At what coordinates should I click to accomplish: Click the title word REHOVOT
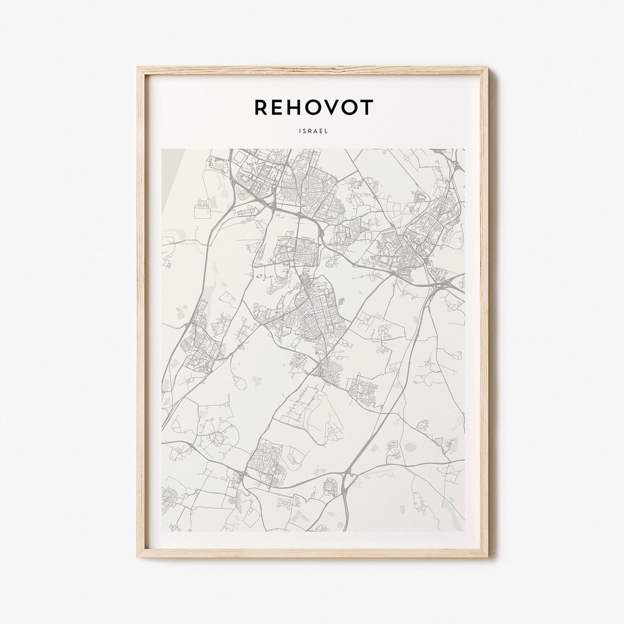point(314,107)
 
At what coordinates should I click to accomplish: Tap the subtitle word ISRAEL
point(314,131)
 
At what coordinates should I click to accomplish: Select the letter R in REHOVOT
point(261,107)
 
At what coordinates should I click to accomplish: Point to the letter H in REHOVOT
point(298,107)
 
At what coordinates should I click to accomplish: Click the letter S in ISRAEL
point(305,131)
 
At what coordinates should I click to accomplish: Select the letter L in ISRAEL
point(326,131)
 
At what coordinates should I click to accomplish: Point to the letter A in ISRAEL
point(315,131)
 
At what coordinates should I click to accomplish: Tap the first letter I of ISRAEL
point(300,131)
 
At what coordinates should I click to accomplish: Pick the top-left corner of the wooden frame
point(139,69)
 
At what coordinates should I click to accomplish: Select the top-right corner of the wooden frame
point(486,69)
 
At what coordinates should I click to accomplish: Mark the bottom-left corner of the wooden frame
point(139,555)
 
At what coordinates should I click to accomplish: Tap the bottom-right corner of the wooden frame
point(486,555)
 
